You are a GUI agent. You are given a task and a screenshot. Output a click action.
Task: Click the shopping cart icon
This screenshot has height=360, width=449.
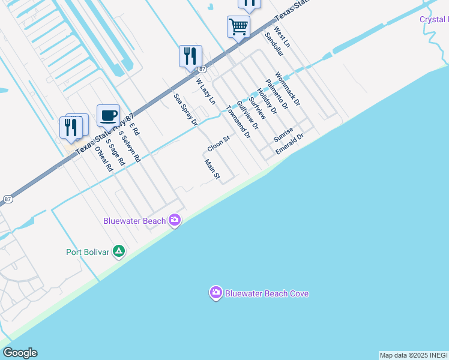pos(238,27)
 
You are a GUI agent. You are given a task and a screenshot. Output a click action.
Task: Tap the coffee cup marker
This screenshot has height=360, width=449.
pos(108,115)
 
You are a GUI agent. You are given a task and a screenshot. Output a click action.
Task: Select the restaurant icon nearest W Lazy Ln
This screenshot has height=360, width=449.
pos(190,56)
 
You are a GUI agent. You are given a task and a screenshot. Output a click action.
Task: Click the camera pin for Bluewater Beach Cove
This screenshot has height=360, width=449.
pos(215,293)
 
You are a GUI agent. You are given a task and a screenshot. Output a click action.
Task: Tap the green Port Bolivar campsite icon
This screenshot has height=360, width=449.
pos(119,251)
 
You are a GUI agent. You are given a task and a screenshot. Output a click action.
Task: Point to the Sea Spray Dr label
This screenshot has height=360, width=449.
pos(185,109)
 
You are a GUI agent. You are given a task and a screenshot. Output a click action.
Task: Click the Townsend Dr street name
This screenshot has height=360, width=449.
pos(238,123)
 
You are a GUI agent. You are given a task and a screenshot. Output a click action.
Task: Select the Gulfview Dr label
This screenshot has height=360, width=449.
pos(247,115)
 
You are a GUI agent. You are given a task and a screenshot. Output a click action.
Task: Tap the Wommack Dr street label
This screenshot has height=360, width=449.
pos(287,89)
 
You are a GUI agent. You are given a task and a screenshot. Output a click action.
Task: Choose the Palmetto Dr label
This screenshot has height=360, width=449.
pos(277,95)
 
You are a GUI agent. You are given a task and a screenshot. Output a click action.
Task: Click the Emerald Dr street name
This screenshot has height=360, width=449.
pos(290,143)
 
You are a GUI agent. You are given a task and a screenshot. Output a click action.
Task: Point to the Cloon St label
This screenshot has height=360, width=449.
pos(218,144)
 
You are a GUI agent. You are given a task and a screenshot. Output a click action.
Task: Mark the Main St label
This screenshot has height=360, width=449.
pos(212,170)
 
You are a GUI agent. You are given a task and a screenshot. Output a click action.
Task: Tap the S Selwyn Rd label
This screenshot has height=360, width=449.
pos(129,147)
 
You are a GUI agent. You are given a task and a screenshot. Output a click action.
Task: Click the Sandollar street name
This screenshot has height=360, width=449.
pos(274,44)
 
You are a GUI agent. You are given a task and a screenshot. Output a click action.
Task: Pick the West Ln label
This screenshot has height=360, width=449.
pos(282,37)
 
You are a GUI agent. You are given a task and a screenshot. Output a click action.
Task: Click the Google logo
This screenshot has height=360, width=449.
pos(20,353)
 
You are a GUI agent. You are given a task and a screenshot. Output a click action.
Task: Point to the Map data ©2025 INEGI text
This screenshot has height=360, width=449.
pos(414,355)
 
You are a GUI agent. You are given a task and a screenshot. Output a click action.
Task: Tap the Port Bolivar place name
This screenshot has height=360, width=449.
pos(88,252)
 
